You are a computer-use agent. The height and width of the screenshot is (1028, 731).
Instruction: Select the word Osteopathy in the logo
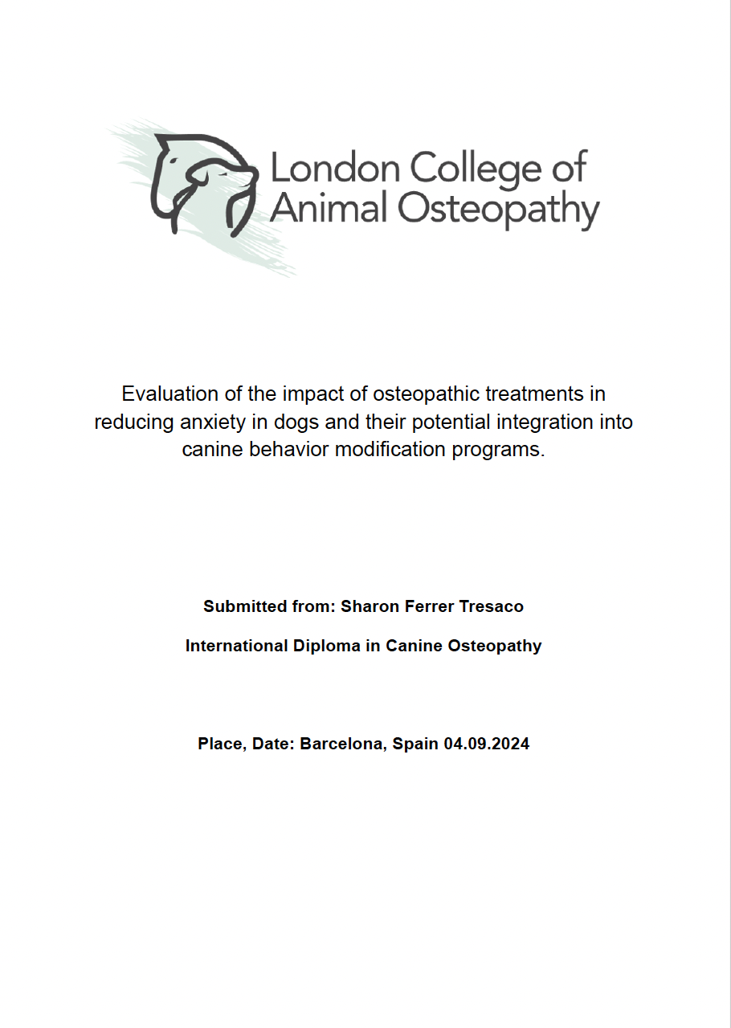pos(499,209)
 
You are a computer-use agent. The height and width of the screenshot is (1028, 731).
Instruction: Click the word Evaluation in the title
pos(169,394)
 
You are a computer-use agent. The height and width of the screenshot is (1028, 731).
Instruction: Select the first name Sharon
pos(367,606)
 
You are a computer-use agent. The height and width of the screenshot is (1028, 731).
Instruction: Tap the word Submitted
pos(243,606)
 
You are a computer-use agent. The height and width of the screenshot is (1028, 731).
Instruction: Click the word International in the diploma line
pos(234,646)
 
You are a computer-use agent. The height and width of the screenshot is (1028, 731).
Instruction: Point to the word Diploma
pos(325,646)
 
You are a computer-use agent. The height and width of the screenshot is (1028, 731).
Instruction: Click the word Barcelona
pos(344,744)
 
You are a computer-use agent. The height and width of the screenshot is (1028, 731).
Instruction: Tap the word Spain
pos(416,744)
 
